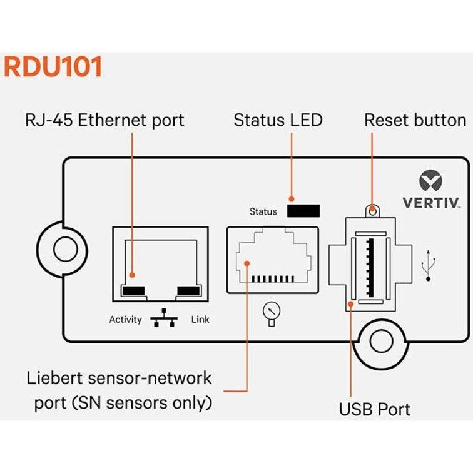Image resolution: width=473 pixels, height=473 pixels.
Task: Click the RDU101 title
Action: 53,67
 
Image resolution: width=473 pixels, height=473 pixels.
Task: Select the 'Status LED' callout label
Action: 278,120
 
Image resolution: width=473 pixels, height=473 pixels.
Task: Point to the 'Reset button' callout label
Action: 415,120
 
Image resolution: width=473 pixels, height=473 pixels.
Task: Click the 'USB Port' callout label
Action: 375,410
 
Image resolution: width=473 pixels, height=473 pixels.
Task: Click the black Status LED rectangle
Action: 303,211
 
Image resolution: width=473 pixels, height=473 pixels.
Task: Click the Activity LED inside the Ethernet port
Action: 134,290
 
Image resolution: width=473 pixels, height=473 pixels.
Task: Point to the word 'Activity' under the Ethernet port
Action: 126,320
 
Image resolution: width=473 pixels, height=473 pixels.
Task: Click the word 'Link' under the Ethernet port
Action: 200,320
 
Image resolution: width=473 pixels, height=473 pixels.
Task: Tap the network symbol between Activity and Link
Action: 164,319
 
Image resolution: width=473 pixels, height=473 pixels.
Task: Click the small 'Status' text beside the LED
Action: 263,211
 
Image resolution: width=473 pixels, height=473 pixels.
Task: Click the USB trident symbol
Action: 429,263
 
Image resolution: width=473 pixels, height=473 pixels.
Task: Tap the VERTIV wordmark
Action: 430,203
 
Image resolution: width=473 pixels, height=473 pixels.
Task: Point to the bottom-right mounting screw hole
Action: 382,342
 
